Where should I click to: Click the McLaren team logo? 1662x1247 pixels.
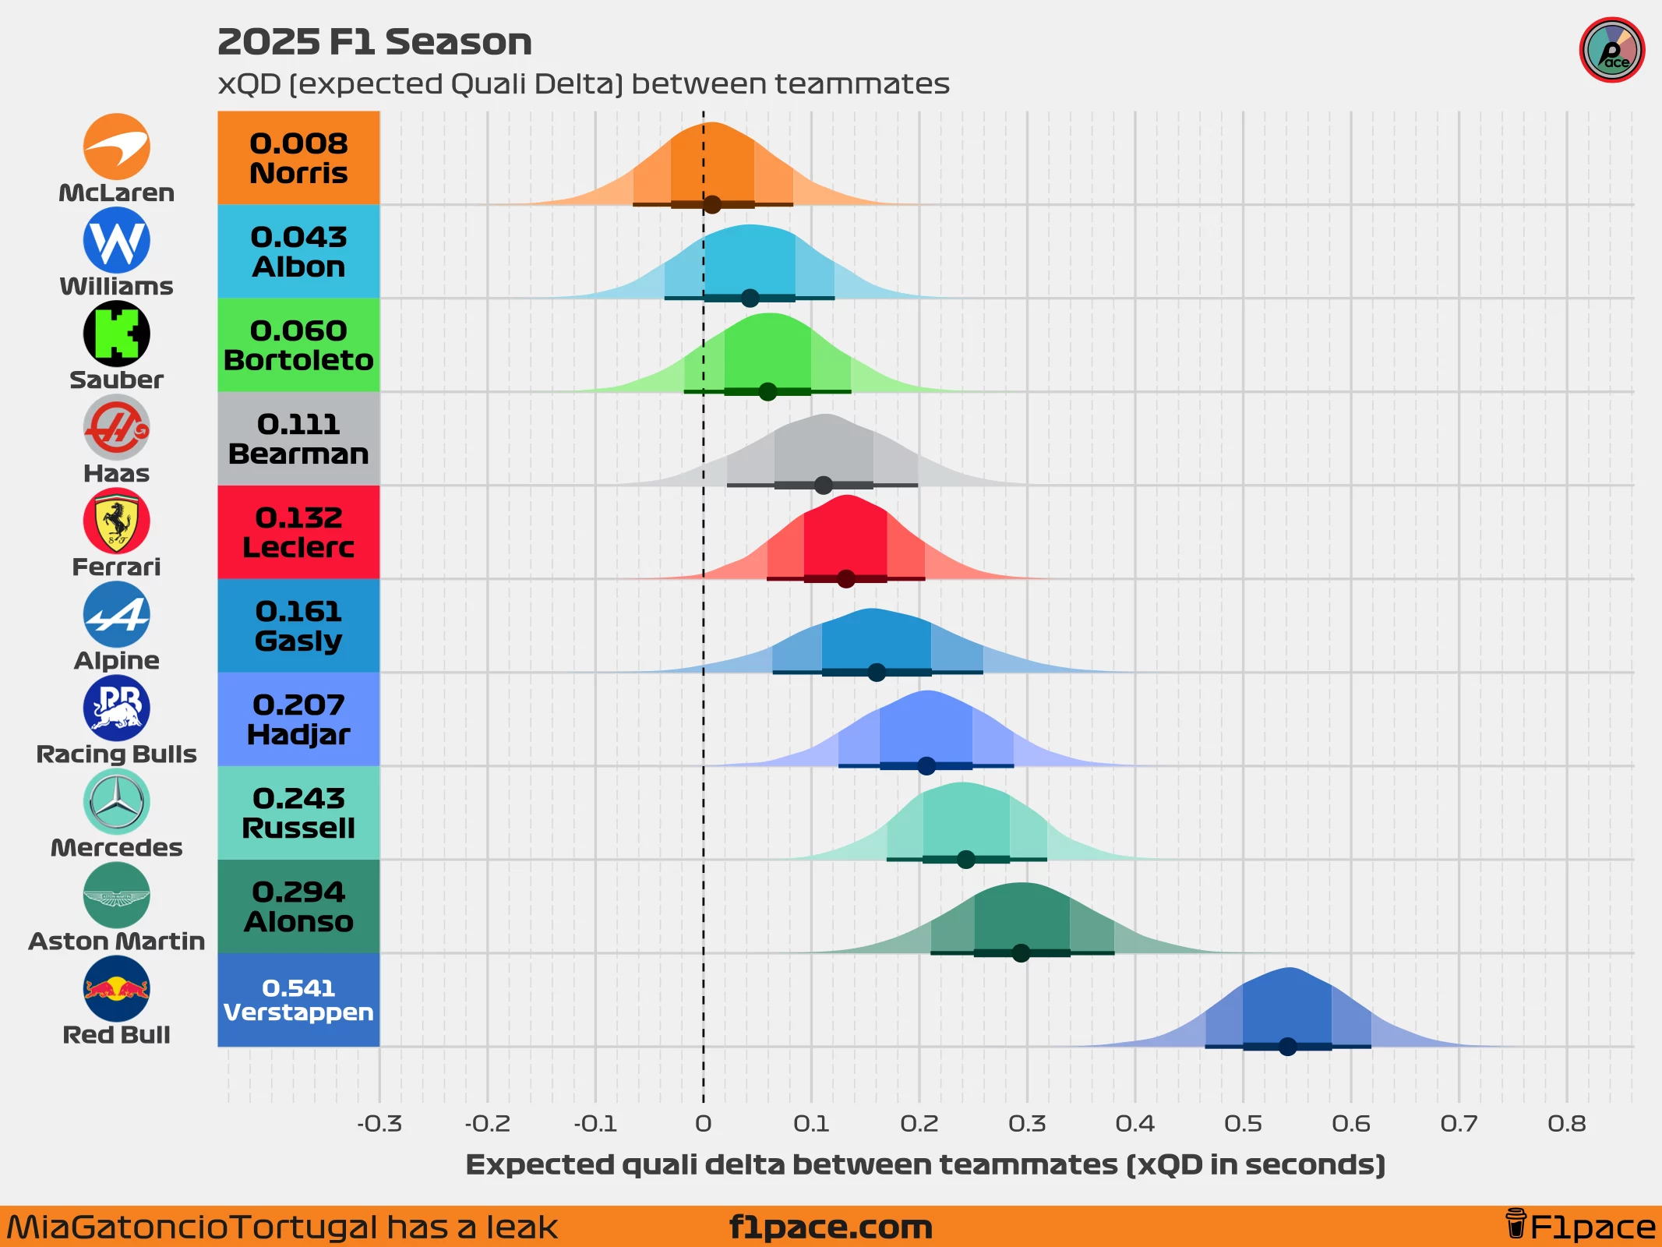116,147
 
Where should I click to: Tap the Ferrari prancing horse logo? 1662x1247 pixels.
116,521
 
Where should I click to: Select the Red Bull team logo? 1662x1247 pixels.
116,988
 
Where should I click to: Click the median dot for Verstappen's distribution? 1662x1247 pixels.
1287,1047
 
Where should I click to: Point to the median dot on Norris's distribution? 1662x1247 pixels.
712,205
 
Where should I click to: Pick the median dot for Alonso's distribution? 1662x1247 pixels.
1021,953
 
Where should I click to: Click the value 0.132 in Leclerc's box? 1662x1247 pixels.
298,518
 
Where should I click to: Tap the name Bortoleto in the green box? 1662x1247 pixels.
298,360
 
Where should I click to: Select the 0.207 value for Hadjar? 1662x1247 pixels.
298,705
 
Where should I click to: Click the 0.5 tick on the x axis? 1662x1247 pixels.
1243,1123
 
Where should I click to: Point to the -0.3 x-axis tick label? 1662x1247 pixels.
379,1123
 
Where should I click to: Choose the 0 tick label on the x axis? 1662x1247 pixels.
703,1123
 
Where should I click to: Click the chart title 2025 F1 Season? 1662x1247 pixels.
374,42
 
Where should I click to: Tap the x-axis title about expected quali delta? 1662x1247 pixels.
925,1164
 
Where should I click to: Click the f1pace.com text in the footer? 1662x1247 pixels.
831,1227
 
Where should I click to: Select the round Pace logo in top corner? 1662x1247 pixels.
1611,50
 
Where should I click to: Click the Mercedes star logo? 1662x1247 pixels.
116,801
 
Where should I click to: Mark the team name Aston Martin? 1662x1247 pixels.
116,941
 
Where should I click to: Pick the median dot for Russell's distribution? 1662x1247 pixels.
965,860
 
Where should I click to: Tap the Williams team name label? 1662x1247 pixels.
116,286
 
